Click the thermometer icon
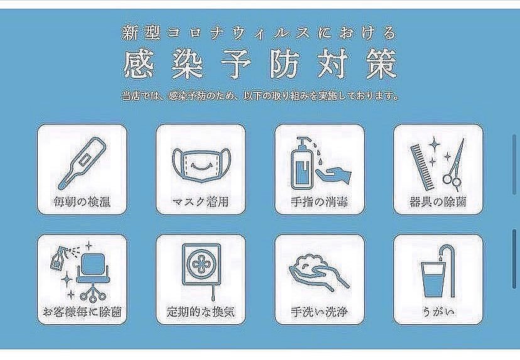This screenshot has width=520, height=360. click(82, 162)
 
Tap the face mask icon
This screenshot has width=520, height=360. click(199, 163)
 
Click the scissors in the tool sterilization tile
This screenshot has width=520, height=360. click(454, 165)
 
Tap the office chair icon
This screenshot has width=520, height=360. click(91, 271)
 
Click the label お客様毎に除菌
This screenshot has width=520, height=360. click(82, 312)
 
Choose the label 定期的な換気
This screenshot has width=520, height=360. click(200, 312)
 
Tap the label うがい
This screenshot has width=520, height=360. click(438, 312)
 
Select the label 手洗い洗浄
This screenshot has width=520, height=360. click(318, 312)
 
